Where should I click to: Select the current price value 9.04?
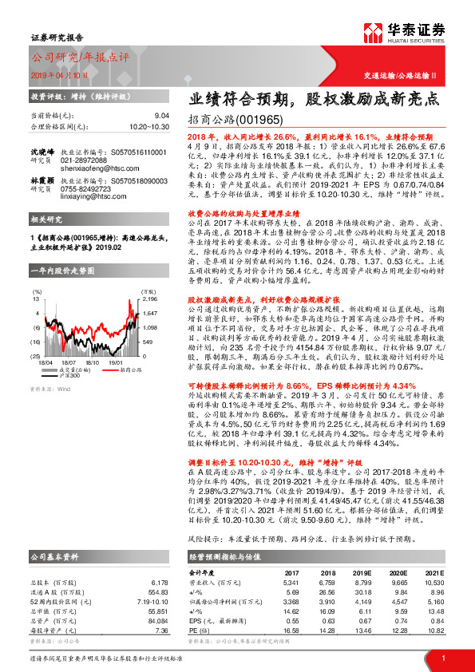(x=160, y=116)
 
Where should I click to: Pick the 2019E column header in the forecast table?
(x=362, y=572)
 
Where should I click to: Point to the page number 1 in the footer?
(x=442, y=657)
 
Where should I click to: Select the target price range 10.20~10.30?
(x=149, y=126)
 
